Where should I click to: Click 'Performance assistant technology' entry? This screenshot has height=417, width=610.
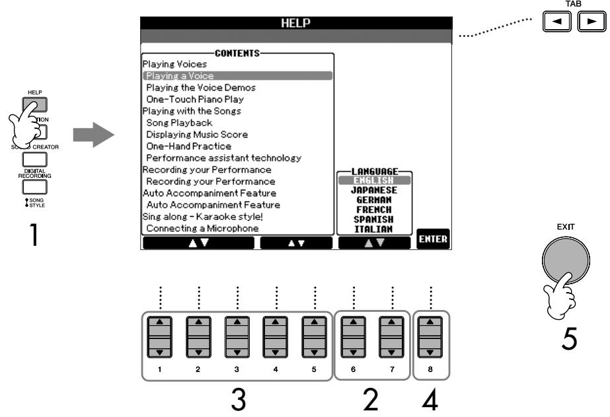[x=223, y=157]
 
